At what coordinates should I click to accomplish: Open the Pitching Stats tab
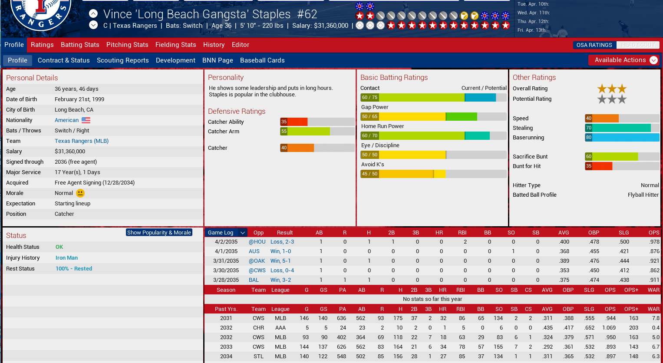(127, 45)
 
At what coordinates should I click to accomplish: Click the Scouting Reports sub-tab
(122, 60)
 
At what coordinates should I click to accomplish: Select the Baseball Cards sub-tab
(262, 60)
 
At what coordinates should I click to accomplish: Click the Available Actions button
(623, 60)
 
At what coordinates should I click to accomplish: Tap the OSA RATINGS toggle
(594, 45)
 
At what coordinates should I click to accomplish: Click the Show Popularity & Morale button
(159, 232)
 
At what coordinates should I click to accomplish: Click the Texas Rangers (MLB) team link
(82, 141)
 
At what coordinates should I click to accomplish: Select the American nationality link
(67, 120)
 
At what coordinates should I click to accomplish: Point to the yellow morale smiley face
(80, 193)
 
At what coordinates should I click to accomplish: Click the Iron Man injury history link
(66, 258)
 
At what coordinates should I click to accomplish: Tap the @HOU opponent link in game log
(257, 242)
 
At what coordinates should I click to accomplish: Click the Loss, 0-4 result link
(282, 271)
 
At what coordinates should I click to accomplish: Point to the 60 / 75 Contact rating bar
(433, 98)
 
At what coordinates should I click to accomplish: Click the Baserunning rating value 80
(588, 138)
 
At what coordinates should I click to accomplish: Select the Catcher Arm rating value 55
(284, 132)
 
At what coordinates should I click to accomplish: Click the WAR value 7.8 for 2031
(656, 318)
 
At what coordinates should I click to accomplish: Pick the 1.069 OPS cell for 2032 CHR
(609, 328)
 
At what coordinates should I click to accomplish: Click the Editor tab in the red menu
(241, 45)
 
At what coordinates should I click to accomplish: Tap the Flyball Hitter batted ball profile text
(643, 195)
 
